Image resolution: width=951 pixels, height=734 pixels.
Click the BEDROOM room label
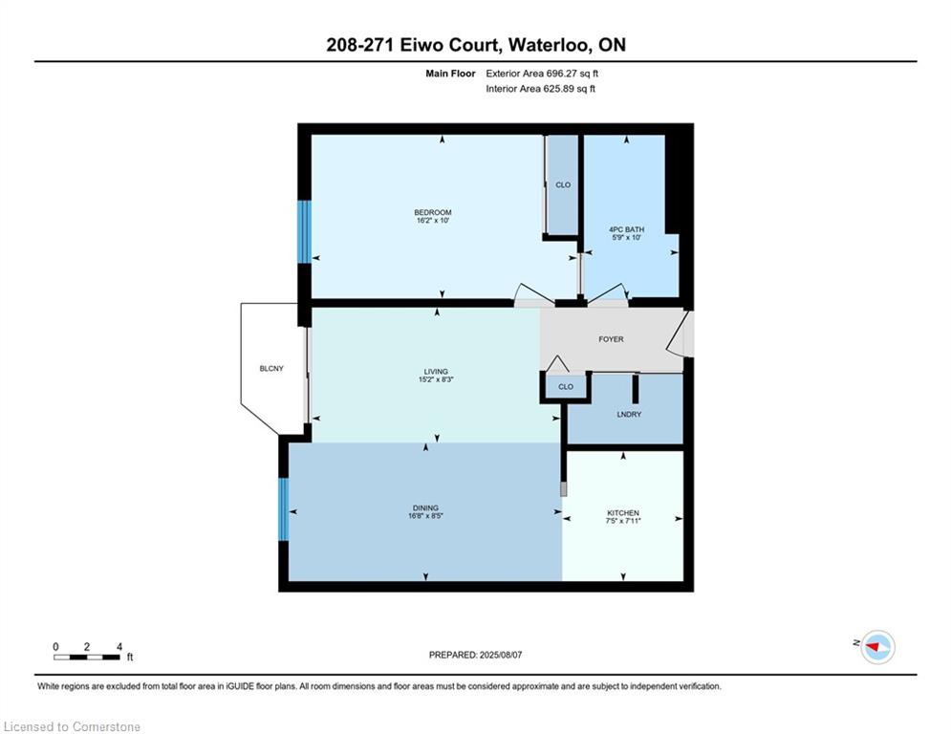[x=432, y=212]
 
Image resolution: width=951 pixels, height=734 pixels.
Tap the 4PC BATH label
[x=626, y=229]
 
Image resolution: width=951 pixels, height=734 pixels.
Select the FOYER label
[x=611, y=339]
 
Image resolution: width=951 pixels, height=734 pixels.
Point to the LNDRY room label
[x=629, y=415]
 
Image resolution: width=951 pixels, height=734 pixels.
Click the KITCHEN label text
[x=623, y=512]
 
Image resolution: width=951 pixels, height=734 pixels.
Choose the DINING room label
[x=425, y=507]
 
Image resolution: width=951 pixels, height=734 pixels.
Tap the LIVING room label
[x=436, y=371]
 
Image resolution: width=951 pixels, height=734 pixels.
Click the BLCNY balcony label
[x=271, y=368]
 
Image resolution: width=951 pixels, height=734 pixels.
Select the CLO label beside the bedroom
[x=563, y=185]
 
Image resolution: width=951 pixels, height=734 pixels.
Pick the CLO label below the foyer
[x=565, y=386]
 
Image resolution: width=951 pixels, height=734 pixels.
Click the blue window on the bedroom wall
[x=304, y=231]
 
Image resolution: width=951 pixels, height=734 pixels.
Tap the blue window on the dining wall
[x=283, y=509]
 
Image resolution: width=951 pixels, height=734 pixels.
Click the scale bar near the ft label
[x=86, y=657]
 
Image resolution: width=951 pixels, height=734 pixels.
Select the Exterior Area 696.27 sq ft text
[x=542, y=74]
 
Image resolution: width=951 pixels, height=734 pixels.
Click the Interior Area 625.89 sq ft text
[x=540, y=89]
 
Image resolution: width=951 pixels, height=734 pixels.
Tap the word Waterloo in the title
[x=549, y=45]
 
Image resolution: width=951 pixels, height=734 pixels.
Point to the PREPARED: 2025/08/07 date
[x=476, y=655]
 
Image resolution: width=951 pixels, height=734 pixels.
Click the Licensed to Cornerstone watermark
[x=72, y=726]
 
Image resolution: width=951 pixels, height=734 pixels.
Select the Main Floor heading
[x=450, y=74]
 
